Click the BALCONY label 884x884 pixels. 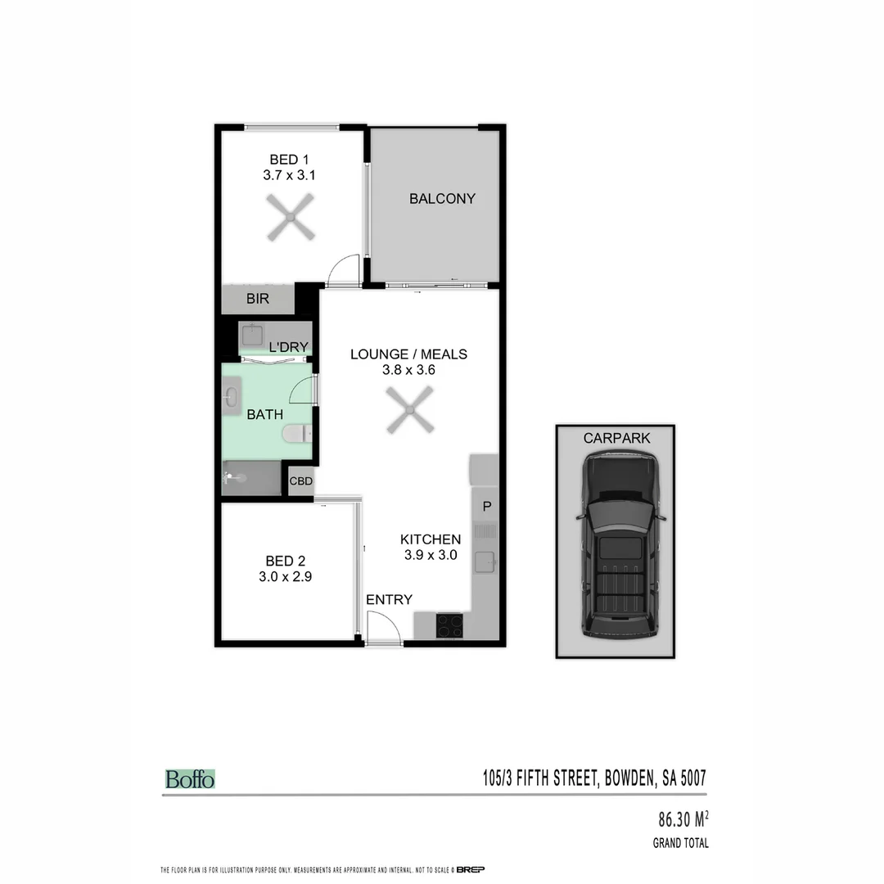[442, 198]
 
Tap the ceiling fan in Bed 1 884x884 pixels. [291, 217]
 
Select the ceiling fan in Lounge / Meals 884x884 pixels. [409, 410]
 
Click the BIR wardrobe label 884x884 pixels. [258, 300]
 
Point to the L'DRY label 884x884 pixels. [288, 347]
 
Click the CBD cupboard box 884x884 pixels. [300, 481]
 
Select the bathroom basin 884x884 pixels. [231, 398]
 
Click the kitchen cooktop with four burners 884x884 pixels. [449, 625]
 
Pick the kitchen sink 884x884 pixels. [487, 561]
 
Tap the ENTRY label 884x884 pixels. [389, 600]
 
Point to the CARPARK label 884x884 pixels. [617, 438]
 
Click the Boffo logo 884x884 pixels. [190, 779]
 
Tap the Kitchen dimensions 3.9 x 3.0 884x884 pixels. [430, 555]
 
